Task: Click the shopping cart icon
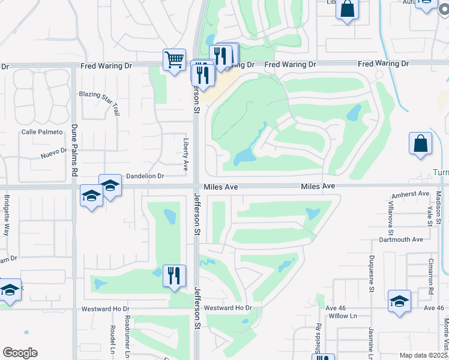click(174, 60)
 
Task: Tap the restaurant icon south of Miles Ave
click(174, 276)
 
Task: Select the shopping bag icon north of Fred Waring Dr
click(347, 10)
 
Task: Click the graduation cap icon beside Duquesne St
click(399, 301)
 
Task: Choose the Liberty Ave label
click(186, 153)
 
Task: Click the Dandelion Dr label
click(145, 176)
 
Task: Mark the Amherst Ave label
click(411, 194)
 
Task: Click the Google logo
click(20, 353)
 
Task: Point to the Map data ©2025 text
click(423, 355)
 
